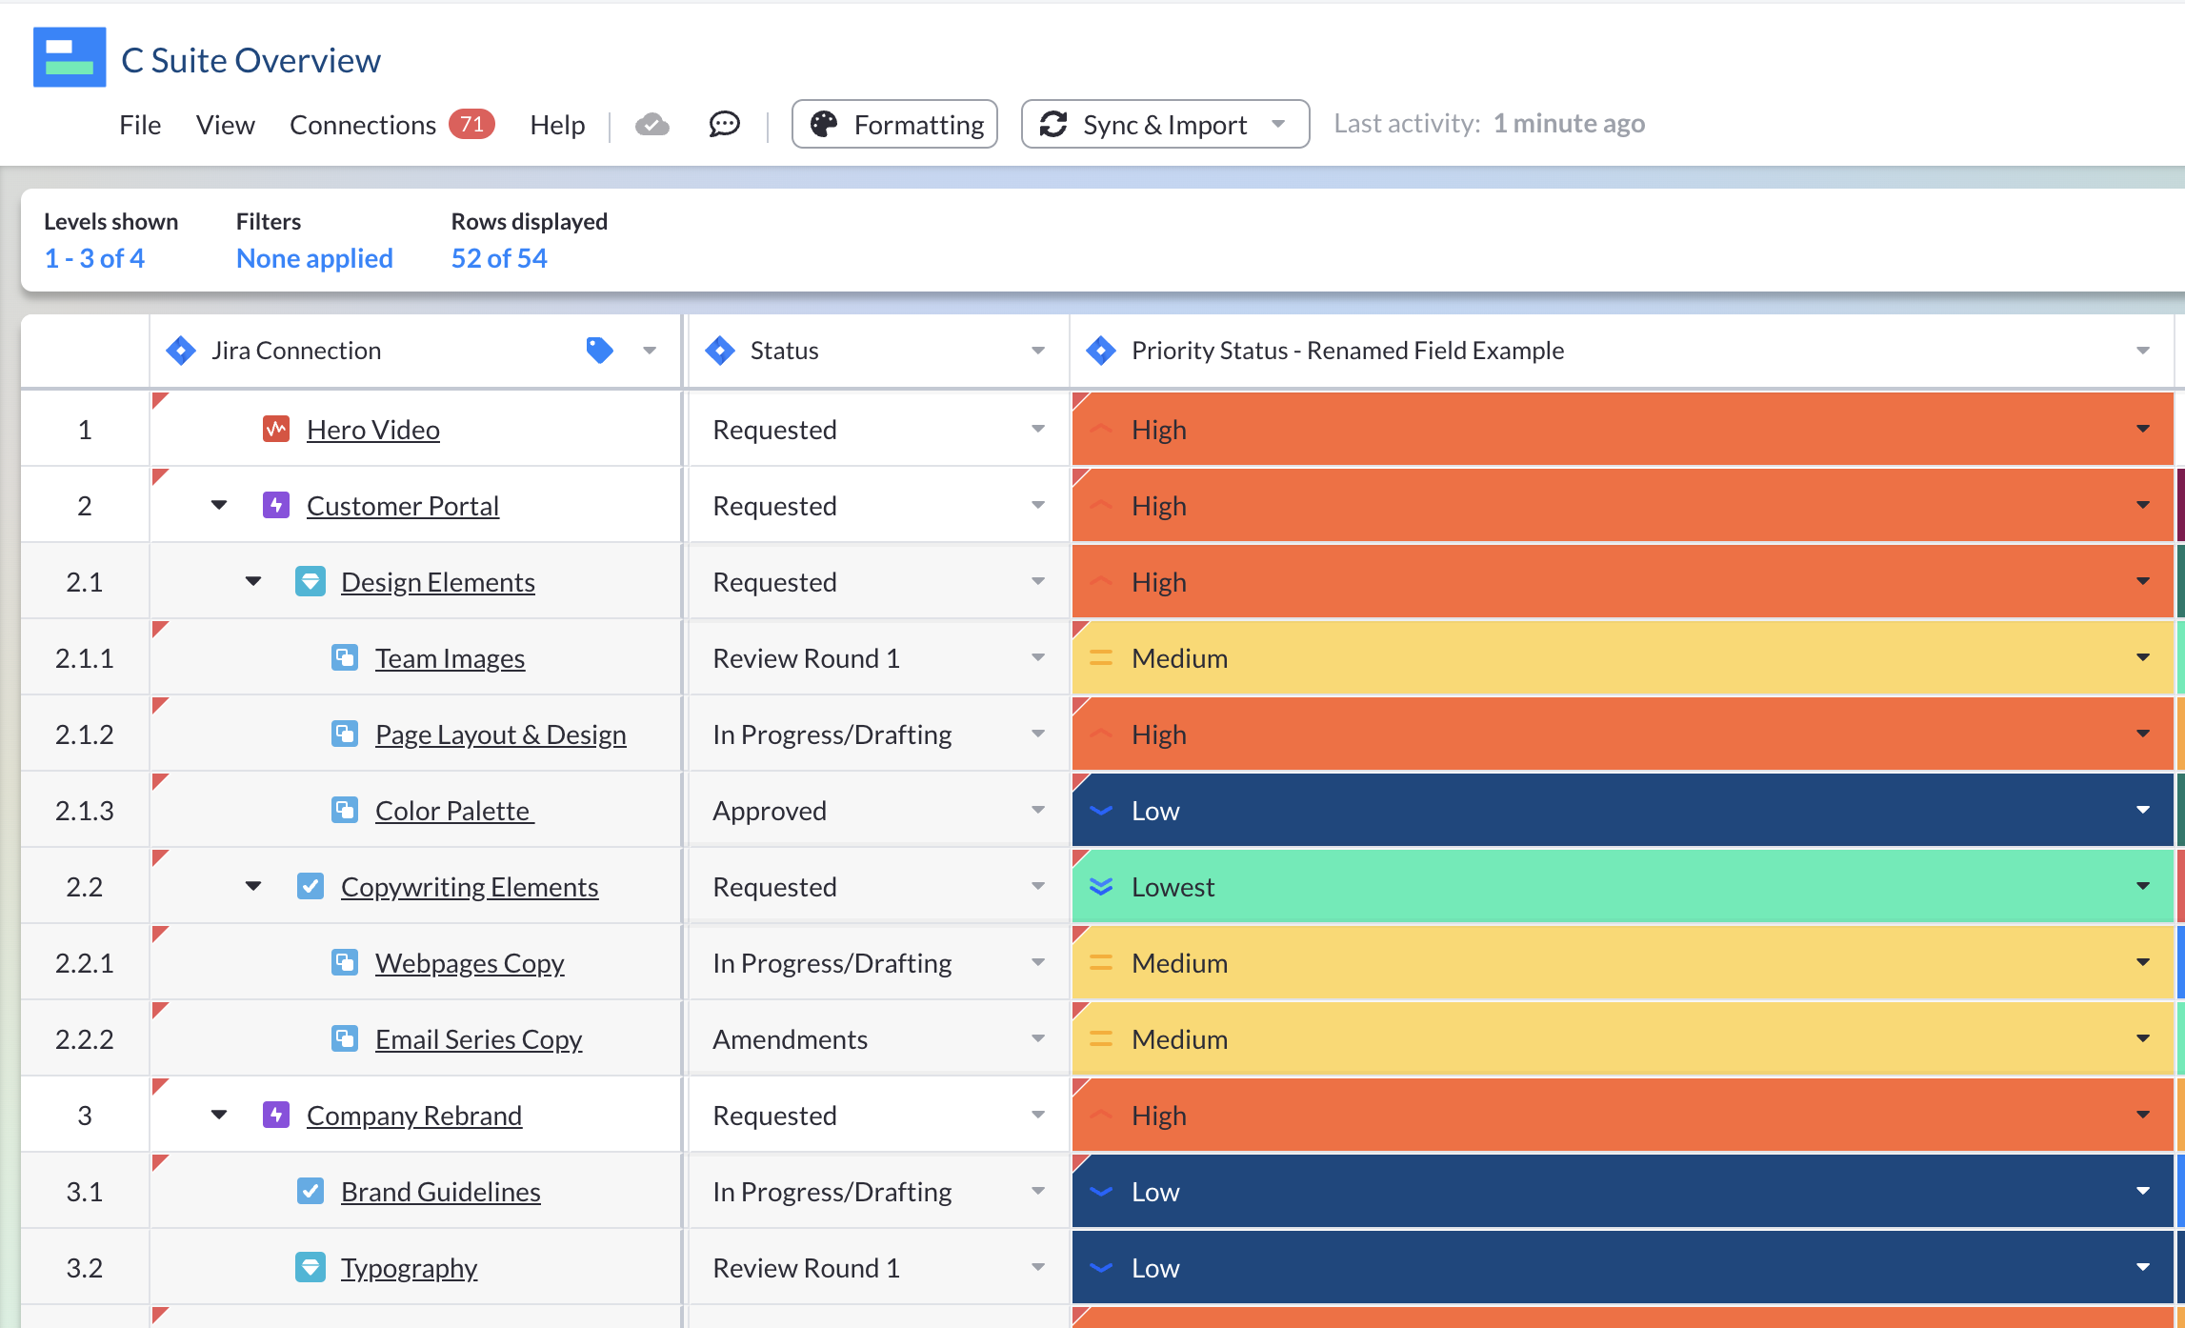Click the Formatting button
pos(894,125)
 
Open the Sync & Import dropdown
pos(1164,125)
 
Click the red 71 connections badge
pos(471,124)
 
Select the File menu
pos(140,125)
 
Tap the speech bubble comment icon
pos(724,124)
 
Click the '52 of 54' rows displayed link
pos(499,258)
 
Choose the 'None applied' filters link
pos(314,258)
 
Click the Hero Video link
pos(372,430)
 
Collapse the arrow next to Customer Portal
pos(219,505)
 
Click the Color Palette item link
pos(453,811)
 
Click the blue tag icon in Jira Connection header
pos(599,351)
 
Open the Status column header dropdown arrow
pos(1037,351)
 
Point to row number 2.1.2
pos(84,734)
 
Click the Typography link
pos(409,1268)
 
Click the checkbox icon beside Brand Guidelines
pos(311,1191)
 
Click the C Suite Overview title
pos(251,60)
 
